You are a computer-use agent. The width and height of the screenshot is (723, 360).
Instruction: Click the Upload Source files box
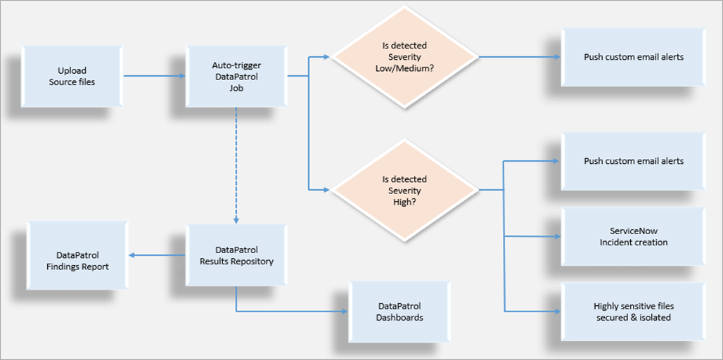pos(72,76)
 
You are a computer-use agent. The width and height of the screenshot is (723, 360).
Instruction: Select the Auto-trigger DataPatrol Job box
pos(236,76)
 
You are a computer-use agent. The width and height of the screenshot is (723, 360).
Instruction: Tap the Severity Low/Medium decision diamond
pos(404,56)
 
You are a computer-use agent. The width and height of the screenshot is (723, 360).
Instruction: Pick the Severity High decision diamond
pos(404,191)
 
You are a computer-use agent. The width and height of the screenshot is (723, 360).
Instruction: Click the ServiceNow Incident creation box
pos(633,236)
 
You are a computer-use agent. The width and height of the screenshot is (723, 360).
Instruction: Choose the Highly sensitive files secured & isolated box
pos(633,311)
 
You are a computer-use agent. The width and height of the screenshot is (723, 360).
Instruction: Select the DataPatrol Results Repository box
pos(236,255)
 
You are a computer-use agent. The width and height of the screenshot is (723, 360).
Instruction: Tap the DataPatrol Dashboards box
pos(400,311)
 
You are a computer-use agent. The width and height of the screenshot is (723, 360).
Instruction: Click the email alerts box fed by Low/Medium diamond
pos(633,57)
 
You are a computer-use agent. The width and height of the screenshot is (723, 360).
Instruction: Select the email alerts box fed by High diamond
pos(633,161)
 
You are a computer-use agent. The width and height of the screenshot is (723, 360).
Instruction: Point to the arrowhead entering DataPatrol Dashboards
pos(345,311)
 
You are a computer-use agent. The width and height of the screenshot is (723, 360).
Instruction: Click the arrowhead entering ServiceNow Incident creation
pos(556,236)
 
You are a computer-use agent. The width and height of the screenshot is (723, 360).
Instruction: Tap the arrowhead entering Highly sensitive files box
pos(556,311)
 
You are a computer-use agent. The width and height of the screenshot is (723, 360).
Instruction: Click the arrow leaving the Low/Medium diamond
pos(520,57)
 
